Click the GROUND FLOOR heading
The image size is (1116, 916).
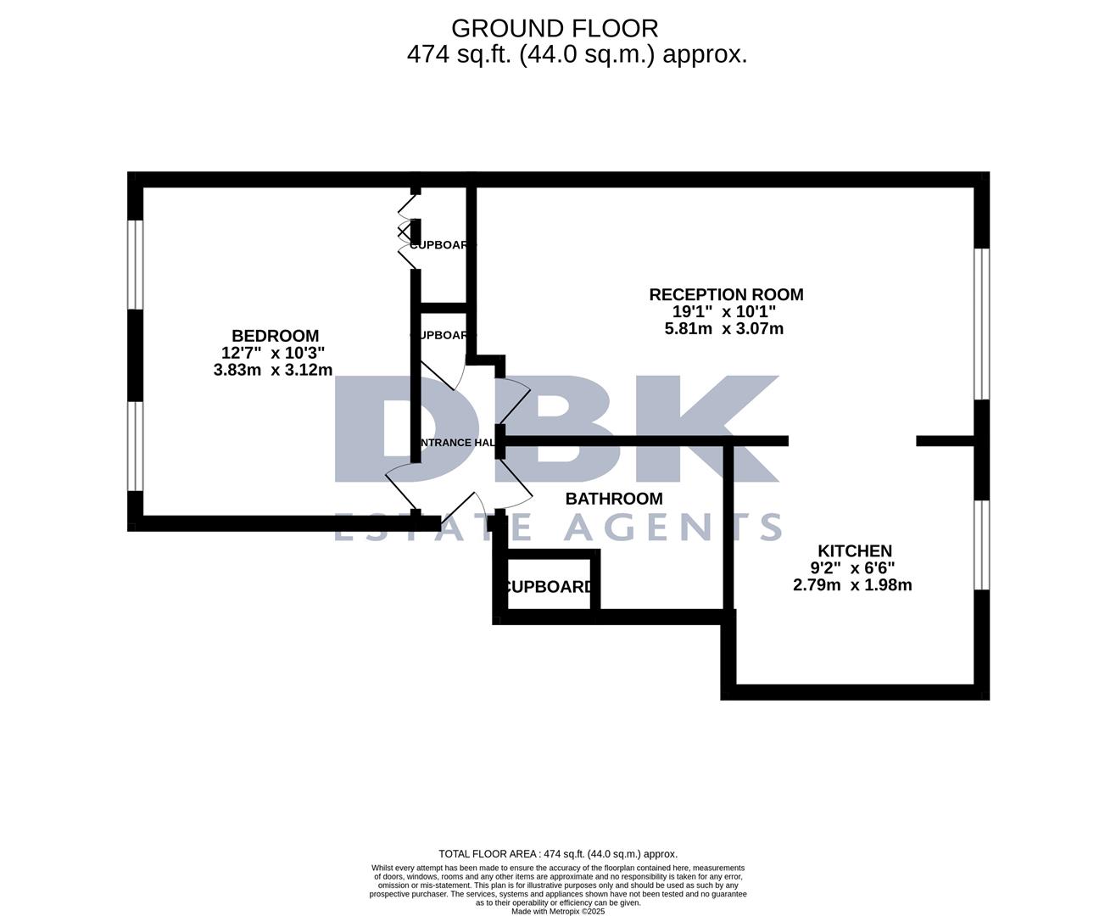point(555,28)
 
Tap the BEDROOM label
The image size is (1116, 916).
point(275,336)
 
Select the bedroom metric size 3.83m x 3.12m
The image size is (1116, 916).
point(273,370)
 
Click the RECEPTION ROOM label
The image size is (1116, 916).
point(726,294)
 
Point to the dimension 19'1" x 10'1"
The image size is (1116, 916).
point(724,311)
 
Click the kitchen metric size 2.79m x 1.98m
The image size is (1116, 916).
point(852,584)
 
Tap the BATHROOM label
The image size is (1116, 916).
point(614,499)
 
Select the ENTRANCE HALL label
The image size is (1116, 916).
point(454,443)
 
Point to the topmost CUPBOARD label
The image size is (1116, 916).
point(440,244)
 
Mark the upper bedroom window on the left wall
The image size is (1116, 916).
point(135,265)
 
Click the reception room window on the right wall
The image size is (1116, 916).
point(981,323)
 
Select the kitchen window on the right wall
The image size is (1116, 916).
point(981,544)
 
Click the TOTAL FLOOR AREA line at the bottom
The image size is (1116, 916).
point(558,854)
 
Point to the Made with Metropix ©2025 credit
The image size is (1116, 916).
point(558,911)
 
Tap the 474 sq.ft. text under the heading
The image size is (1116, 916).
point(459,54)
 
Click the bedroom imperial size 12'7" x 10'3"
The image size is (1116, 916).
point(273,353)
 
